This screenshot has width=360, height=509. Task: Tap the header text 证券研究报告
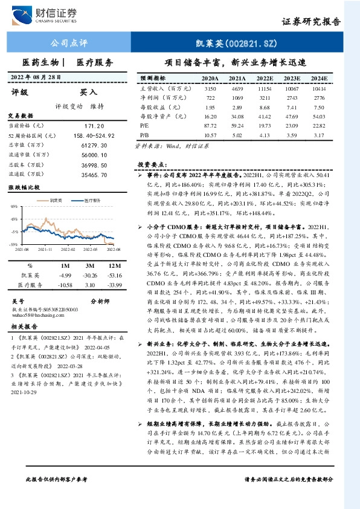(x=311, y=22)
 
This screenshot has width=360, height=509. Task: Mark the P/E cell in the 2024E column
(x=320, y=126)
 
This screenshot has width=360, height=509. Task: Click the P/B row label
(x=144, y=135)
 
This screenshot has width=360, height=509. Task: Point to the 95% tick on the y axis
(x=13, y=207)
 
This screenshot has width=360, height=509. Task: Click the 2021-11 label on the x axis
(x=45, y=248)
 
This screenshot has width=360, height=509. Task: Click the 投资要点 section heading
(x=151, y=164)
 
